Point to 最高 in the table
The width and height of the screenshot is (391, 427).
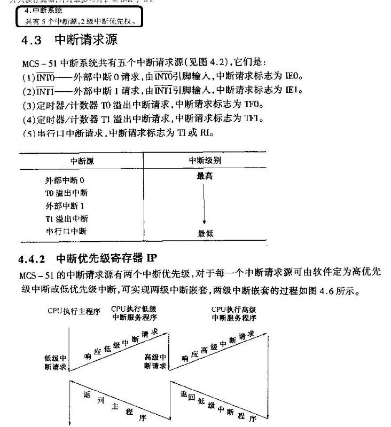pos(205,176)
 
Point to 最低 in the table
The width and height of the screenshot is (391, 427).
pos(206,233)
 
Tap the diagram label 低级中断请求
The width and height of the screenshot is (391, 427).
pos(55,362)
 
